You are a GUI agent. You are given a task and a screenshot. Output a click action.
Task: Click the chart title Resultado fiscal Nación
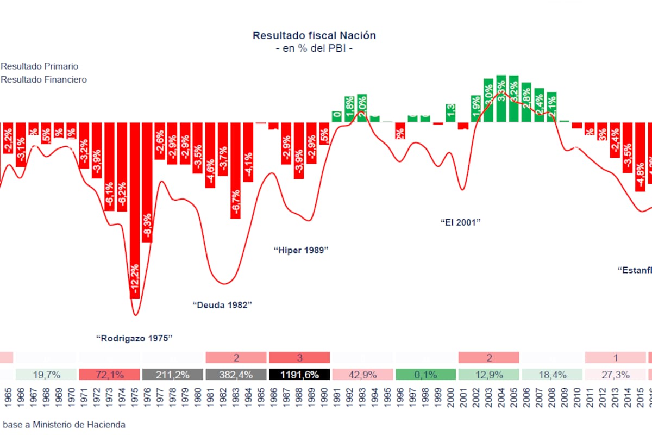314,35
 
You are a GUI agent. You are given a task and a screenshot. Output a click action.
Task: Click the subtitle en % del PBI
314,48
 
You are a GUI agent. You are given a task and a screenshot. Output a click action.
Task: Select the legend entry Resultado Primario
39,66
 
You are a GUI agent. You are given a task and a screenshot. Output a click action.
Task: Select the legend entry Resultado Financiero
43,79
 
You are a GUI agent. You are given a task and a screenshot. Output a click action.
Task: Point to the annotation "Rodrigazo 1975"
134,338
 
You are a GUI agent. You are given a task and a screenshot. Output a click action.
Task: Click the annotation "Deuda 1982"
223,305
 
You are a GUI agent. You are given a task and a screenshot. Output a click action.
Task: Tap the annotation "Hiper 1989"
301,250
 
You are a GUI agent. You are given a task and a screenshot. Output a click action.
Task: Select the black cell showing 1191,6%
299,375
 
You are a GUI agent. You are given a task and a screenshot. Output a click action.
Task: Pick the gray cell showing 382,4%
236,375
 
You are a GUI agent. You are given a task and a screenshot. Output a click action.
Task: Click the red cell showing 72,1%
110,375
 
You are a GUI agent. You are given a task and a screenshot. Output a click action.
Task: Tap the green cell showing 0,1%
425,375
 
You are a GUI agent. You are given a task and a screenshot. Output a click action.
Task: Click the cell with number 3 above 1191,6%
299,358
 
